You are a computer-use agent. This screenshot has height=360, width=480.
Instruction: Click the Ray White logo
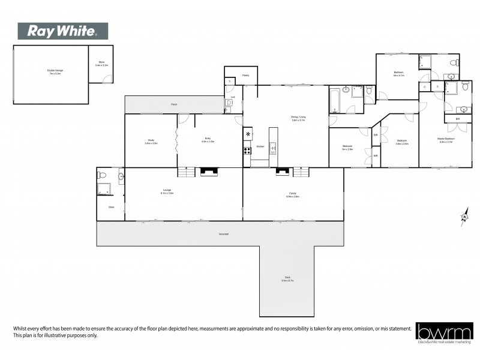(x=63, y=31)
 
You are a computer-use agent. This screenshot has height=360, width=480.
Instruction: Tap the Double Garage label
(x=55, y=71)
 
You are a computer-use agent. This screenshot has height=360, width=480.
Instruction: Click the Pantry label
(x=245, y=76)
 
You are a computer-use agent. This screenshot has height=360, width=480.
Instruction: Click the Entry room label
(x=208, y=141)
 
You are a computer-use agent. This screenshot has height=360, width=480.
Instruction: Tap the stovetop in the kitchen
(x=247, y=151)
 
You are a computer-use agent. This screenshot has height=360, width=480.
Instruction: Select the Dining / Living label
(x=298, y=119)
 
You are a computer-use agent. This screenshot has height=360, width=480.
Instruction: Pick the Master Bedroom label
(x=446, y=141)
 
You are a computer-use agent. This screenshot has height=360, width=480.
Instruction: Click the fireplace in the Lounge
(x=209, y=172)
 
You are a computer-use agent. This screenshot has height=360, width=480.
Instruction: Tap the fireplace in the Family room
(x=281, y=172)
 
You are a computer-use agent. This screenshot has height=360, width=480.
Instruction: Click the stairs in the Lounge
(x=187, y=172)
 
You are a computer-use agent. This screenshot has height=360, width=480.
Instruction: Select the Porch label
(x=174, y=105)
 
